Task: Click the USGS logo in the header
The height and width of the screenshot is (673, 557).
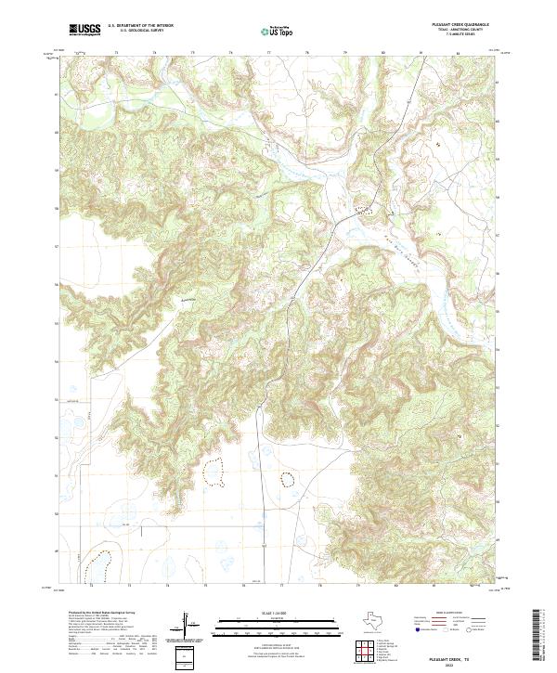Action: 84,30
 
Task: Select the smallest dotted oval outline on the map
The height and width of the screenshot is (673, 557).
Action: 286,479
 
